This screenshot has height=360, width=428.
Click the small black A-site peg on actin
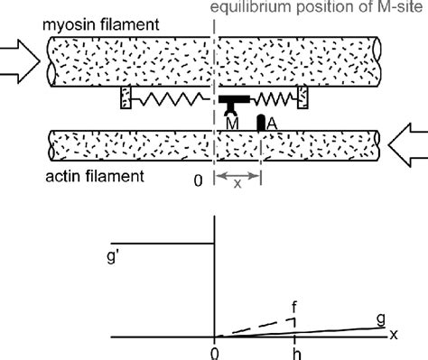pyautogui.click(x=261, y=122)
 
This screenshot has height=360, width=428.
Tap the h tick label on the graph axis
pyautogui.click(x=295, y=353)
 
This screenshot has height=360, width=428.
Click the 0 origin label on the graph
pyautogui.click(x=214, y=353)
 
